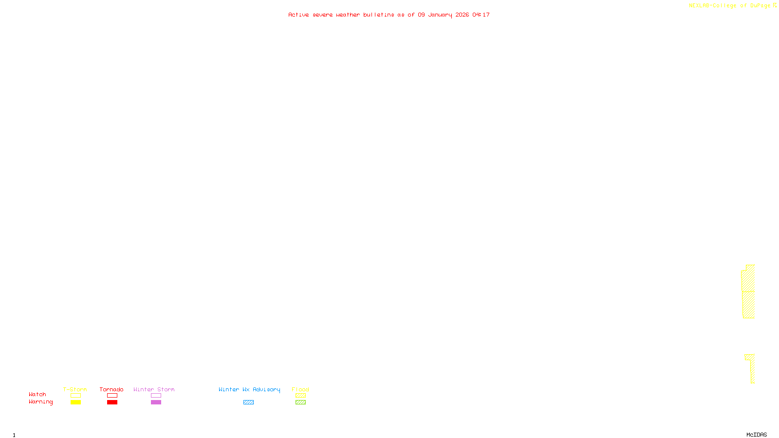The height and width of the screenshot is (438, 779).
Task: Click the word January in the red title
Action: (440, 15)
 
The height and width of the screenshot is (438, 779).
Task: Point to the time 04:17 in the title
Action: (481, 15)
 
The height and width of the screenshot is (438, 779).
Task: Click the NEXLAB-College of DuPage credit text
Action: (729, 6)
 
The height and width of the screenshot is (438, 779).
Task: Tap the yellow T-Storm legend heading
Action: (75, 389)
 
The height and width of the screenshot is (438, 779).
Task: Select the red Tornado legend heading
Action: (111, 389)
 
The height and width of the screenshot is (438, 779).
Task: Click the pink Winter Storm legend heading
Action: (154, 389)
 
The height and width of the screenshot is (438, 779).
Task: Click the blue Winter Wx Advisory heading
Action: (249, 389)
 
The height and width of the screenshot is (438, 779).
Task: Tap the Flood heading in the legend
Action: (300, 389)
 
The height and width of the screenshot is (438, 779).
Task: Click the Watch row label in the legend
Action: (37, 395)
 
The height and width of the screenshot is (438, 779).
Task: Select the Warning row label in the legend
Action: (41, 402)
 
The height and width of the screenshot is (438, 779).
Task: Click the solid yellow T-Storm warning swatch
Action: (75, 402)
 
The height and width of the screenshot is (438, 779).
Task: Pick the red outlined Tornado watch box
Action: (112, 396)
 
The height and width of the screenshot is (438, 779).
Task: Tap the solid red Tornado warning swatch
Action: (112, 402)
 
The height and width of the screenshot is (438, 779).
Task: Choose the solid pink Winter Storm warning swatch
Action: (156, 402)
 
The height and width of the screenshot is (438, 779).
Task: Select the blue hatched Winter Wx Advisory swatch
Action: (248, 402)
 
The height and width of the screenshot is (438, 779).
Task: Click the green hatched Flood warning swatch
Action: (300, 402)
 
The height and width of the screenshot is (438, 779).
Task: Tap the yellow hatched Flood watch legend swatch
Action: (300, 396)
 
